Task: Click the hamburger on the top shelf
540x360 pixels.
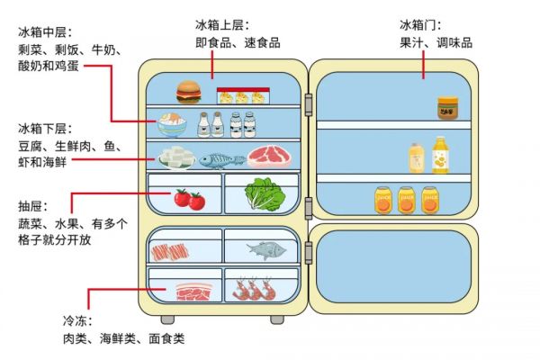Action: [188, 92]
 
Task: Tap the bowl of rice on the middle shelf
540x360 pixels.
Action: [172, 125]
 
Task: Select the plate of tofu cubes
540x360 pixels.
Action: [177, 157]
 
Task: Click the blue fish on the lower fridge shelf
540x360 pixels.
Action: [222, 160]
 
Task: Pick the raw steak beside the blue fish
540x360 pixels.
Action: [270, 157]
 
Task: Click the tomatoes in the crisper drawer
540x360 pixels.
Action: [189, 199]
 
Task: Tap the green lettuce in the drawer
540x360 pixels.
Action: [265, 194]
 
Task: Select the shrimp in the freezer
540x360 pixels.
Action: [254, 289]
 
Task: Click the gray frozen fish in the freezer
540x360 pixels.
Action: [266, 250]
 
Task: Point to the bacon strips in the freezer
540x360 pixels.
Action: [170, 253]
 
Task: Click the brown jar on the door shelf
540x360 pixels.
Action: [447, 108]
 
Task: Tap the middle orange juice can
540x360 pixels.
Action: [407, 200]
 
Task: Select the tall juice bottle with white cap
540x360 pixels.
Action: [440, 155]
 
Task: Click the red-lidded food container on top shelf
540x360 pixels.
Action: [243, 95]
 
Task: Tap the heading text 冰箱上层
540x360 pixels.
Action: [220, 25]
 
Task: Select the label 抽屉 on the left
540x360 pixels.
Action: [31, 206]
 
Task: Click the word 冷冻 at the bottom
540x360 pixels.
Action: [75, 321]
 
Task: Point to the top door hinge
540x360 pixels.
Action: [309, 104]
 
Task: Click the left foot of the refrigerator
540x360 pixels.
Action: [167, 320]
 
